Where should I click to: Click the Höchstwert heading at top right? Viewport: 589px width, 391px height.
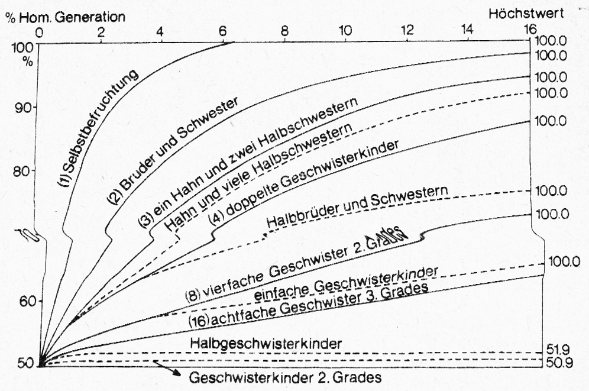[526, 14]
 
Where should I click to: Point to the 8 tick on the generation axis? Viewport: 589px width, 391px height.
[284, 31]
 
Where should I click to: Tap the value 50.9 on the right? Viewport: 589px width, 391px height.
[559, 363]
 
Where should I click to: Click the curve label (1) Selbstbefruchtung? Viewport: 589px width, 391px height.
[97, 128]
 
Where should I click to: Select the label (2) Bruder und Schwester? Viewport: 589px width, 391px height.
[172, 150]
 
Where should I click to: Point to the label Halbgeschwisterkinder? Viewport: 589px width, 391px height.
[266, 343]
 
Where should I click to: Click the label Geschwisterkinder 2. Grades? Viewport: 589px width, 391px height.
[286, 377]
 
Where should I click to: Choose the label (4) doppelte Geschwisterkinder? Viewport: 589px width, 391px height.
[303, 183]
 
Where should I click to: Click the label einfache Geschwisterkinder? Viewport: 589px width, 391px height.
[345, 283]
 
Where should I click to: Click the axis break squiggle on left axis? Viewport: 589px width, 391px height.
[28, 235]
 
